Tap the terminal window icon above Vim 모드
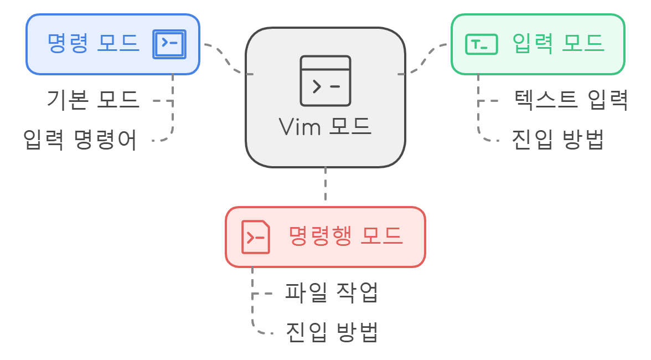(325, 81)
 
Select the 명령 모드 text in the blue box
(93, 43)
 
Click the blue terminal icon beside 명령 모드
(169, 44)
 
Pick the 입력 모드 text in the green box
(557, 43)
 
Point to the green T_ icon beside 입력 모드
(482, 44)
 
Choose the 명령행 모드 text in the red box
(346, 236)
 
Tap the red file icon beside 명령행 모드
(256, 237)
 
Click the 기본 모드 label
(92, 100)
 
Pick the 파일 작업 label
(332, 292)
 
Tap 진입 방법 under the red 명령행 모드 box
(332, 332)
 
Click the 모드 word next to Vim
(350, 127)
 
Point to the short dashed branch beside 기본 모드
(162, 101)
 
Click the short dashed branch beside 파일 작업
(263, 293)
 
